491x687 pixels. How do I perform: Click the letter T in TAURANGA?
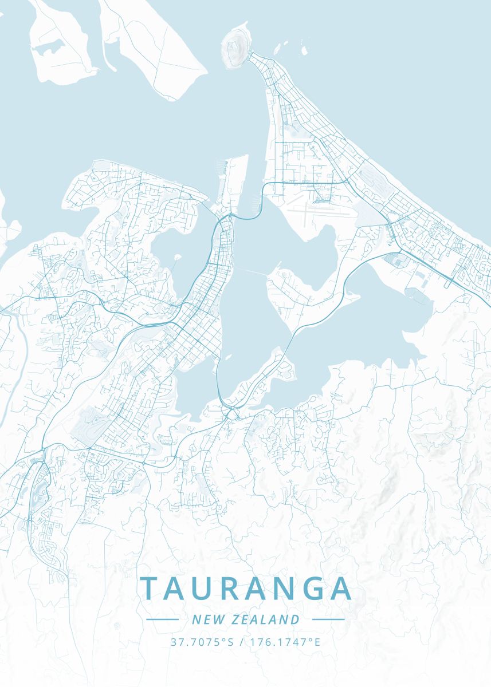pyautogui.click(x=150, y=589)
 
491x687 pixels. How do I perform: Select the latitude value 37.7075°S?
pyautogui.click(x=202, y=642)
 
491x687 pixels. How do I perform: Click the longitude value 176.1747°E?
pyautogui.click(x=285, y=642)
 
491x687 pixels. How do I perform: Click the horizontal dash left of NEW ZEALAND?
pyautogui.click(x=163, y=619)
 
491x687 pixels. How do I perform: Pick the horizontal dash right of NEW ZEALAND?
pyautogui.click(x=328, y=619)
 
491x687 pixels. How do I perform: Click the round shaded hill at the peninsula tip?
pyautogui.click(x=235, y=48)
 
